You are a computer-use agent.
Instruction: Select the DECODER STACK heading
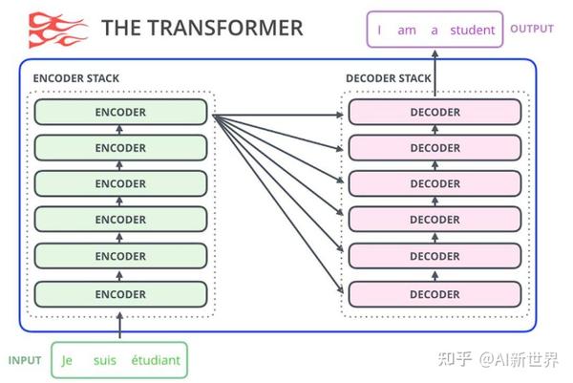388,77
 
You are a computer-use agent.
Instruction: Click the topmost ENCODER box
120,112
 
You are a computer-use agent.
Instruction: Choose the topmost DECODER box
435,112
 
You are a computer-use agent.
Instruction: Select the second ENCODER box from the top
120,148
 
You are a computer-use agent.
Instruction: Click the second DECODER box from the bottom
435,256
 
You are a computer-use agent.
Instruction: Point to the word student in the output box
473,30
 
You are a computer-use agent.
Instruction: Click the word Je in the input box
67,361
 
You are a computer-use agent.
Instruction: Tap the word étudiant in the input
155,361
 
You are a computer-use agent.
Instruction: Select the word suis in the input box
105,361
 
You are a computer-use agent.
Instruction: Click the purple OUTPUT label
532,29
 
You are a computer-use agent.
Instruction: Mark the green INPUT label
25,360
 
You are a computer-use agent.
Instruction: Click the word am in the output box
407,30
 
